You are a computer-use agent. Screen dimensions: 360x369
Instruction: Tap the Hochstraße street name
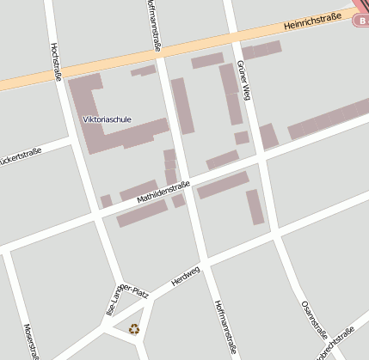pos(56,61)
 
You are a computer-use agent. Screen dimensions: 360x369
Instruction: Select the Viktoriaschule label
pos(107,119)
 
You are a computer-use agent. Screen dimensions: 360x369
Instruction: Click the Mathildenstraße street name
pos(164,192)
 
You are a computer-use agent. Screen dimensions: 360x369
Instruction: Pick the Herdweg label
pos(185,276)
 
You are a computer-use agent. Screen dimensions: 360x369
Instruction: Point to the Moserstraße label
pos(32,341)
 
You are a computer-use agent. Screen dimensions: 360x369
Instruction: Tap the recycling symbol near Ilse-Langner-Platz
pos(133,327)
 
